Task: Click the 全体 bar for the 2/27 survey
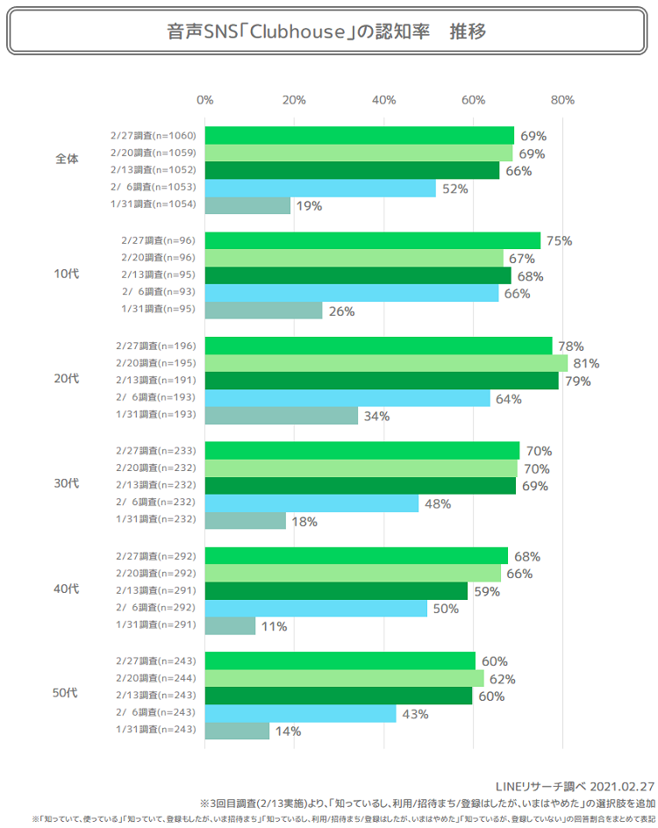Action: click(360, 135)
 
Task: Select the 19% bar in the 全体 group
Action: click(247, 205)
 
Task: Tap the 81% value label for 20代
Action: click(586, 363)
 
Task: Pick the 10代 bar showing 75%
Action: click(373, 240)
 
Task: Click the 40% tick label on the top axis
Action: click(383, 99)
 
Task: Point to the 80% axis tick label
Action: click(562, 99)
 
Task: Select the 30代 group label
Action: click(67, 483)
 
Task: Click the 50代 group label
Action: click(67, 694)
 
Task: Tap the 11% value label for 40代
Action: click(274, 626)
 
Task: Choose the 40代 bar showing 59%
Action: click(336, 591)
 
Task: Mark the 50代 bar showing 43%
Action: click(300, 714)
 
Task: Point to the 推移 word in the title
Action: click(468, 32)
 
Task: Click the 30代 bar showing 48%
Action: click(311, 503)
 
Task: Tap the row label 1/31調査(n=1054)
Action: click(153, 204)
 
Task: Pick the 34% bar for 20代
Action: click(282, 416)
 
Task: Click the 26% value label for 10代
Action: click(341, 310)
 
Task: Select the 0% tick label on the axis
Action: click(204, 99)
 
